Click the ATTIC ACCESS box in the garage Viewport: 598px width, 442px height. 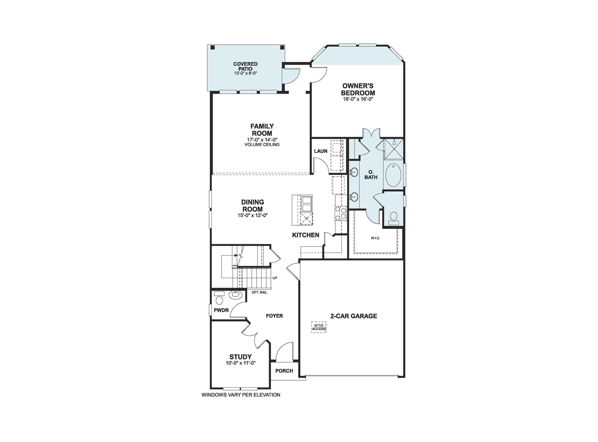[x=319, y=327]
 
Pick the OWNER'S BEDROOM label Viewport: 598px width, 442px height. [x=358, y=89]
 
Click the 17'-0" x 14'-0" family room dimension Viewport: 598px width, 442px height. [x=262, y=140]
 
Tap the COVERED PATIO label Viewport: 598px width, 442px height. [x=245, y=66]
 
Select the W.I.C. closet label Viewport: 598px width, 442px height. [x=375, y=238]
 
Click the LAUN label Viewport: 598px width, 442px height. [x=321, y=151]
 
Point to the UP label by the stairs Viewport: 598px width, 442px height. [x=275, y=278]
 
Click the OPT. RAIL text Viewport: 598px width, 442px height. [x=259, y=292]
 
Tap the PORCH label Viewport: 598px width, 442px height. [x=284, y=371]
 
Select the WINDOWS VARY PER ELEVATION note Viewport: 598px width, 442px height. [x=241, y=395]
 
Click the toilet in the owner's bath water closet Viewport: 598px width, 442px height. [x=394, y=218]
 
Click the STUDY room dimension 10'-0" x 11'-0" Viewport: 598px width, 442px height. [x=241, y=363]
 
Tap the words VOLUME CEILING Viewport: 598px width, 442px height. [x=262, y=145]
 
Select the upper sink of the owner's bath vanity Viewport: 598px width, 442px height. [x=354, y=172]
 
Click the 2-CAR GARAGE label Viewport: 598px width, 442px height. [x=354, y=316]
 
